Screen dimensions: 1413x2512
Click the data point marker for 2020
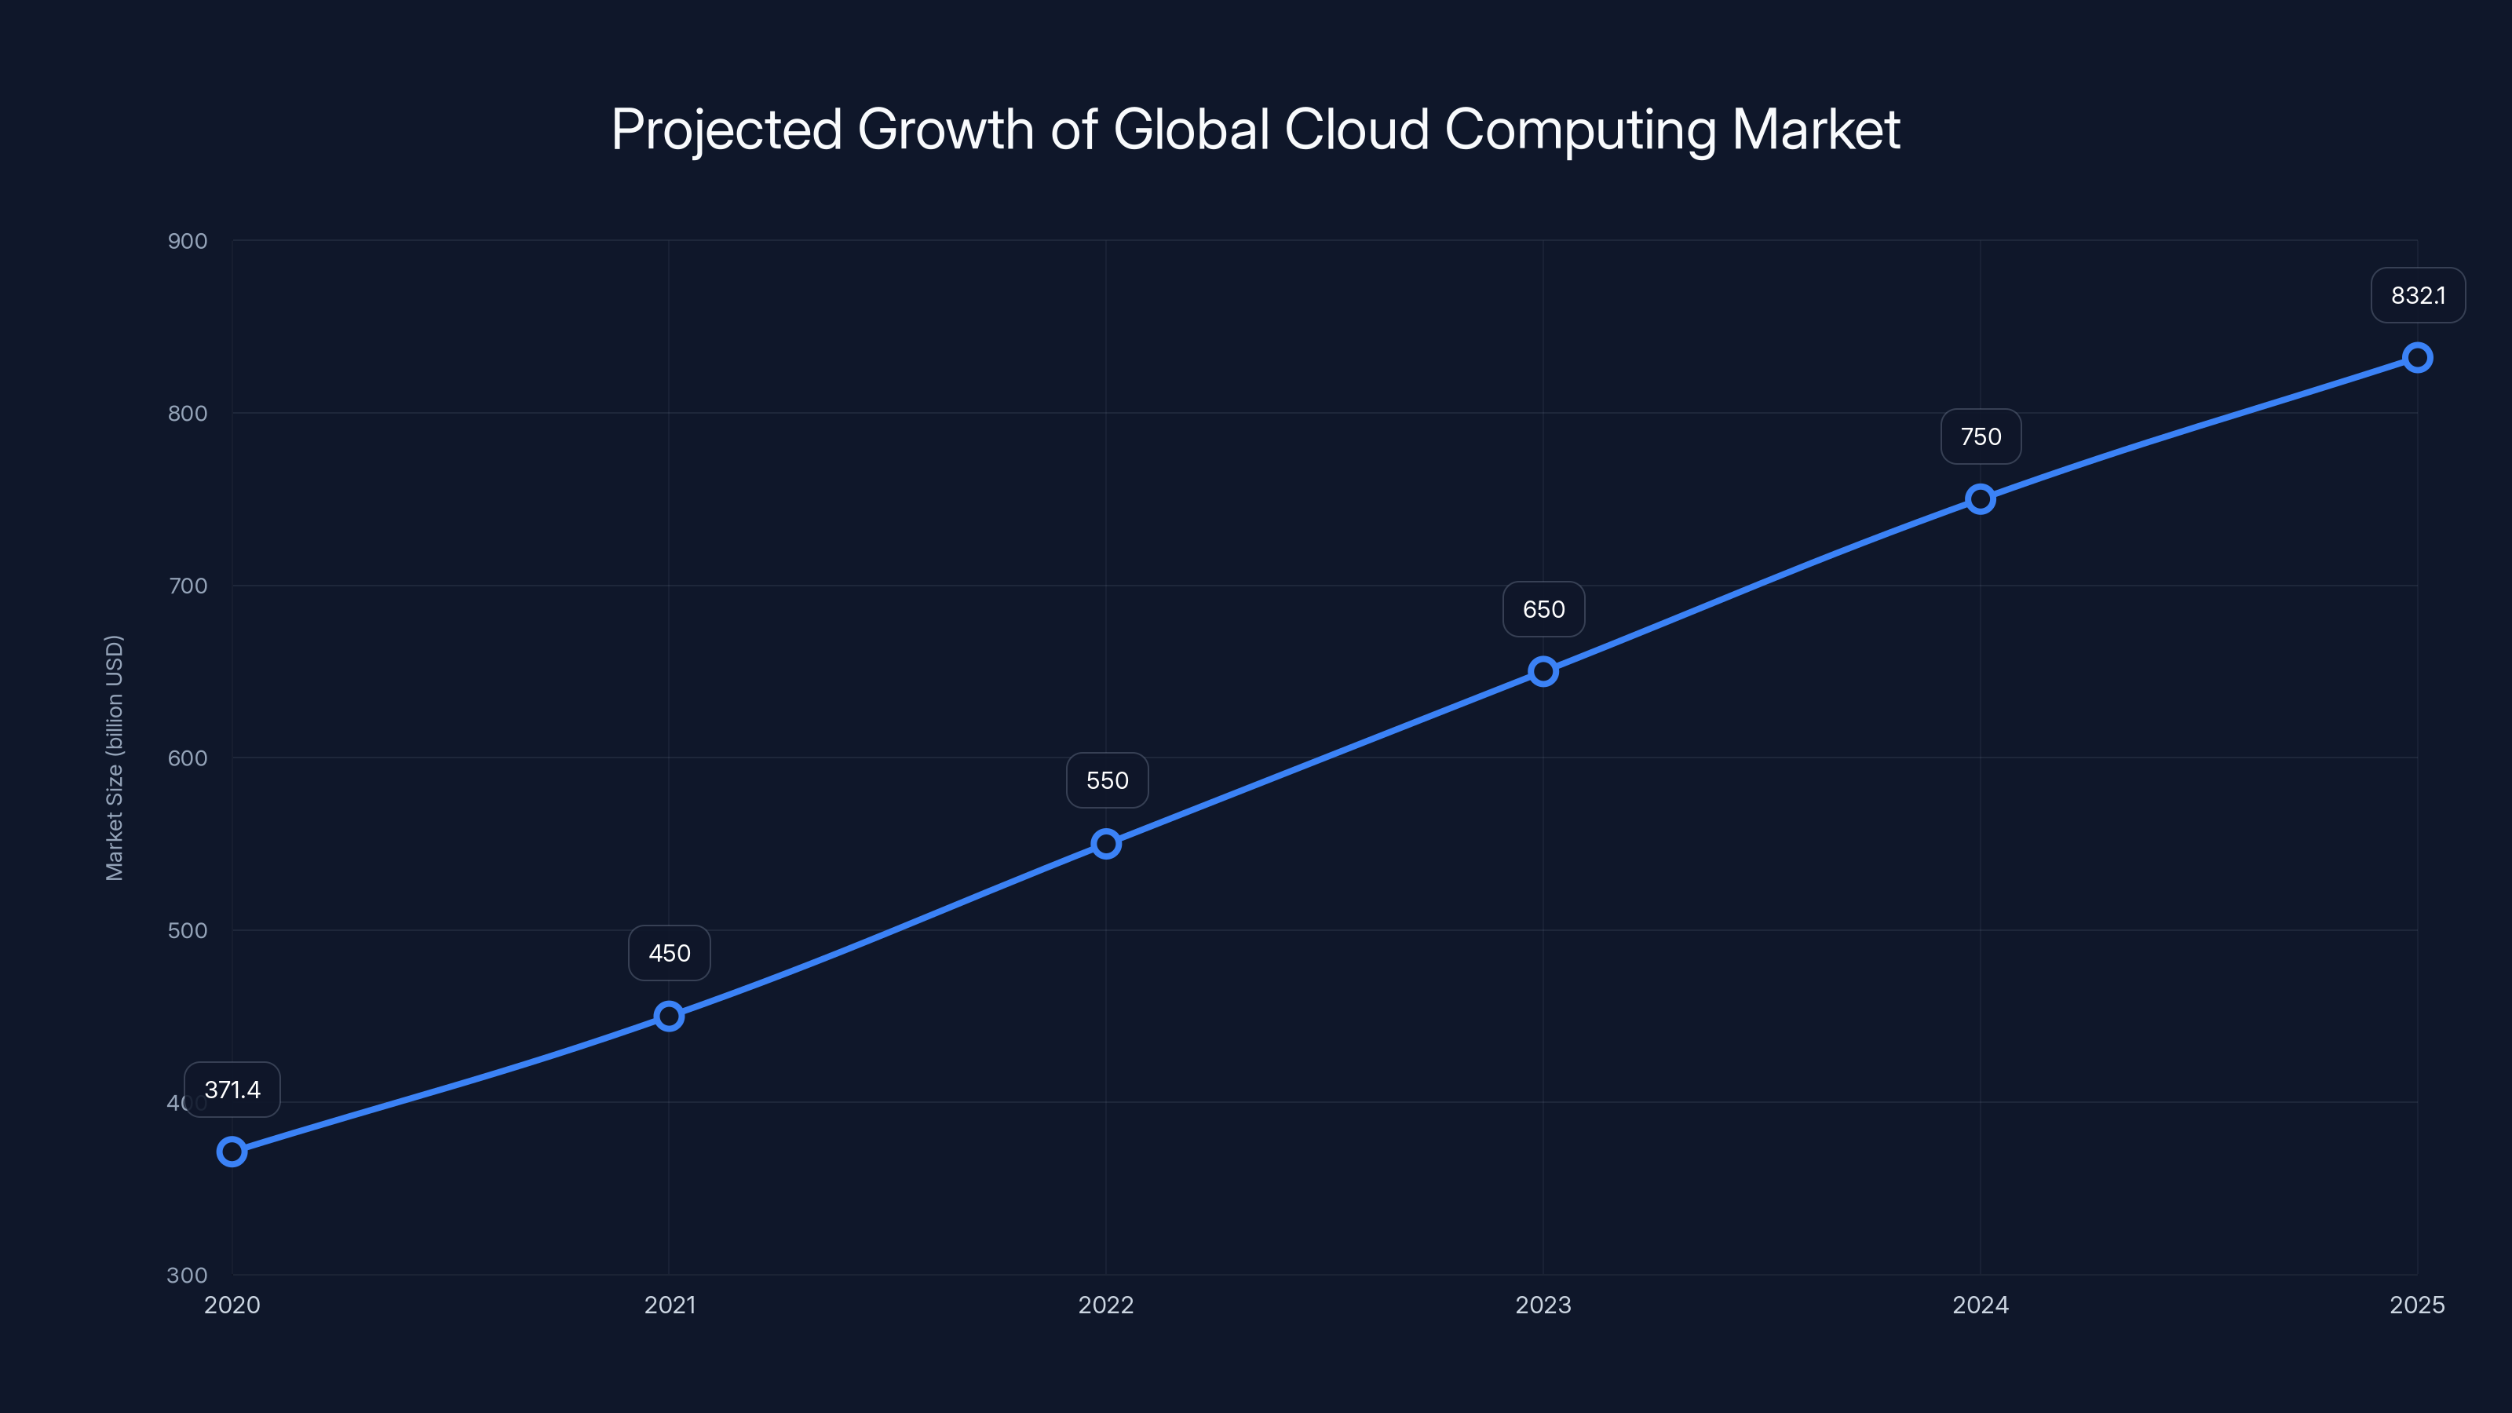pos(232,1152)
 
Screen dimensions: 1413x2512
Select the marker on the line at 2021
pos(669,1016)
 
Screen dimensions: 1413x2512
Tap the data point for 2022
pos(1106,844)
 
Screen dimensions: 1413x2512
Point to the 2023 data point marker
pos(1543,671)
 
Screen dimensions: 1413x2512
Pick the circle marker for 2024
pos(1981,499)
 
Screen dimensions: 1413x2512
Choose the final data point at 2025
pos(2418,358)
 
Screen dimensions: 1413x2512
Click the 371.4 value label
pos(232,1090)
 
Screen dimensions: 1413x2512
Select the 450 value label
pos(669,953)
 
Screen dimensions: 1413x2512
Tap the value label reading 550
pos(1107,780)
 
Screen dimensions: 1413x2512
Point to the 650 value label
pos(1543,609)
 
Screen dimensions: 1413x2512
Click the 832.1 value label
pos(2418,295)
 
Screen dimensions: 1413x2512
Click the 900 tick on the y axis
pos(188,241)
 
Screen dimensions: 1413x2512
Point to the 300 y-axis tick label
pos(188,1276)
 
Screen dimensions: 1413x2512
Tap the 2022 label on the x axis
pos(1106,1305)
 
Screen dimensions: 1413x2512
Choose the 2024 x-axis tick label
pos(1981,1305)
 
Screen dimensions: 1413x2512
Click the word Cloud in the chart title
pos(1356,130)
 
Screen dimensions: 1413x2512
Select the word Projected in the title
pos(726,130)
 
